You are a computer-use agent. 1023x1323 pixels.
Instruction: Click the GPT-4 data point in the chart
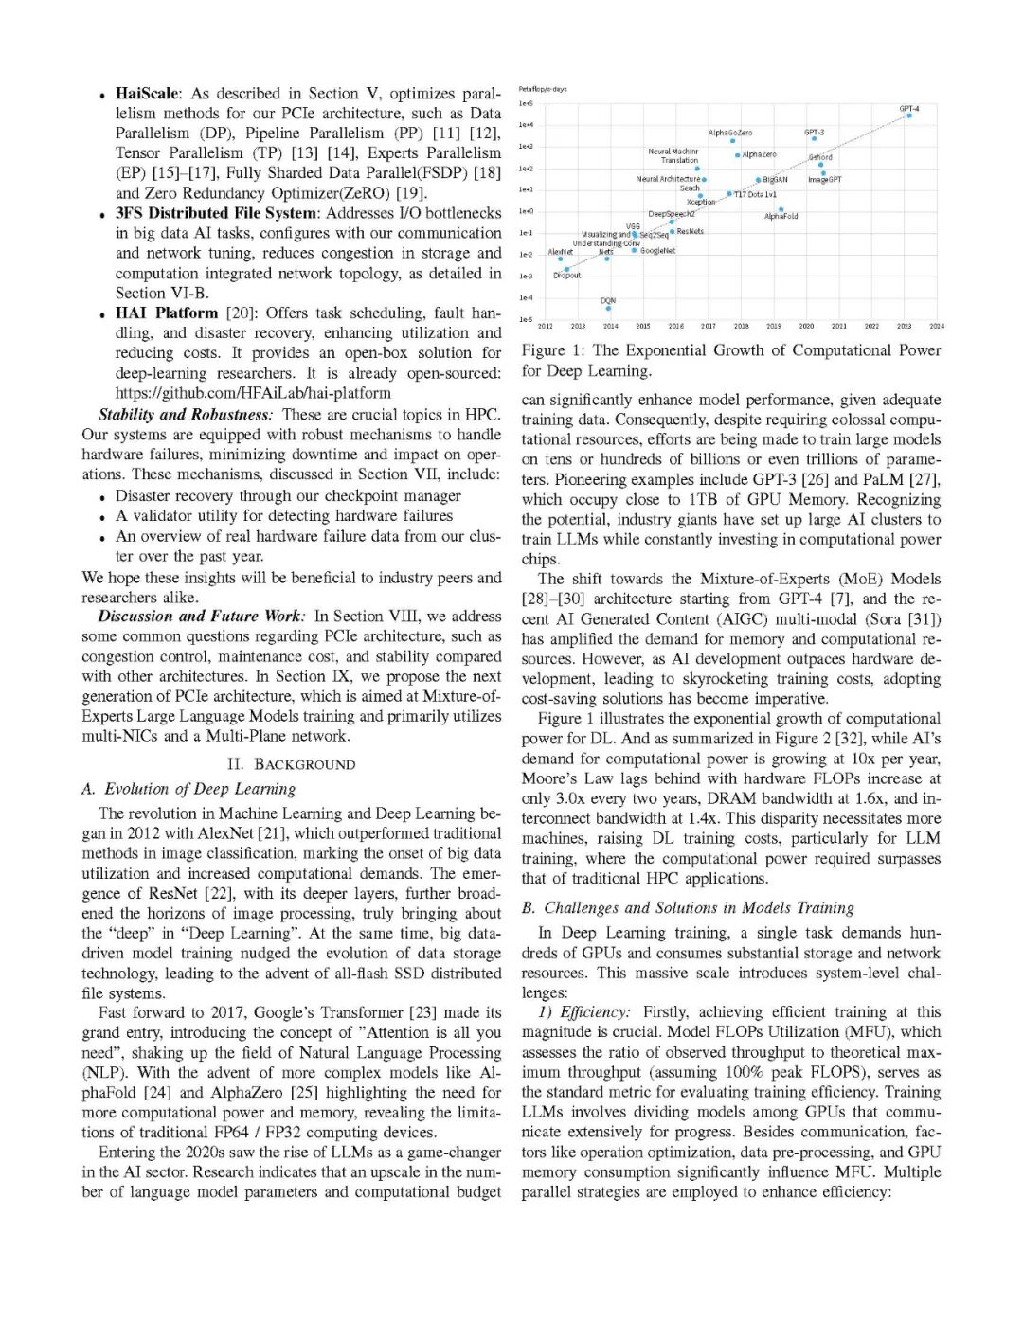[908, 116]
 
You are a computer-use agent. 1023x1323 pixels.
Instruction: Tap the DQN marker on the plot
[608, 308]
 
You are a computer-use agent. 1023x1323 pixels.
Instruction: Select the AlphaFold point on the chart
[781, 209]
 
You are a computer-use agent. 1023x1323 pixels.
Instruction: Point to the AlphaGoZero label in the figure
[730, 133]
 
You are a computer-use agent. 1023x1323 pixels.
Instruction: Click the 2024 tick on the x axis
[936, 326]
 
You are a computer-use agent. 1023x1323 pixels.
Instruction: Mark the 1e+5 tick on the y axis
[526, 103]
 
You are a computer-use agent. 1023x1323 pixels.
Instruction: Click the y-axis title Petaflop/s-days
[543, 89]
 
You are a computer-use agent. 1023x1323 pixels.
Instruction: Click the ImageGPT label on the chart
[824, 179]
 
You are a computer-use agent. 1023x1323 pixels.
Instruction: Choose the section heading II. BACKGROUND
[291, 764]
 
